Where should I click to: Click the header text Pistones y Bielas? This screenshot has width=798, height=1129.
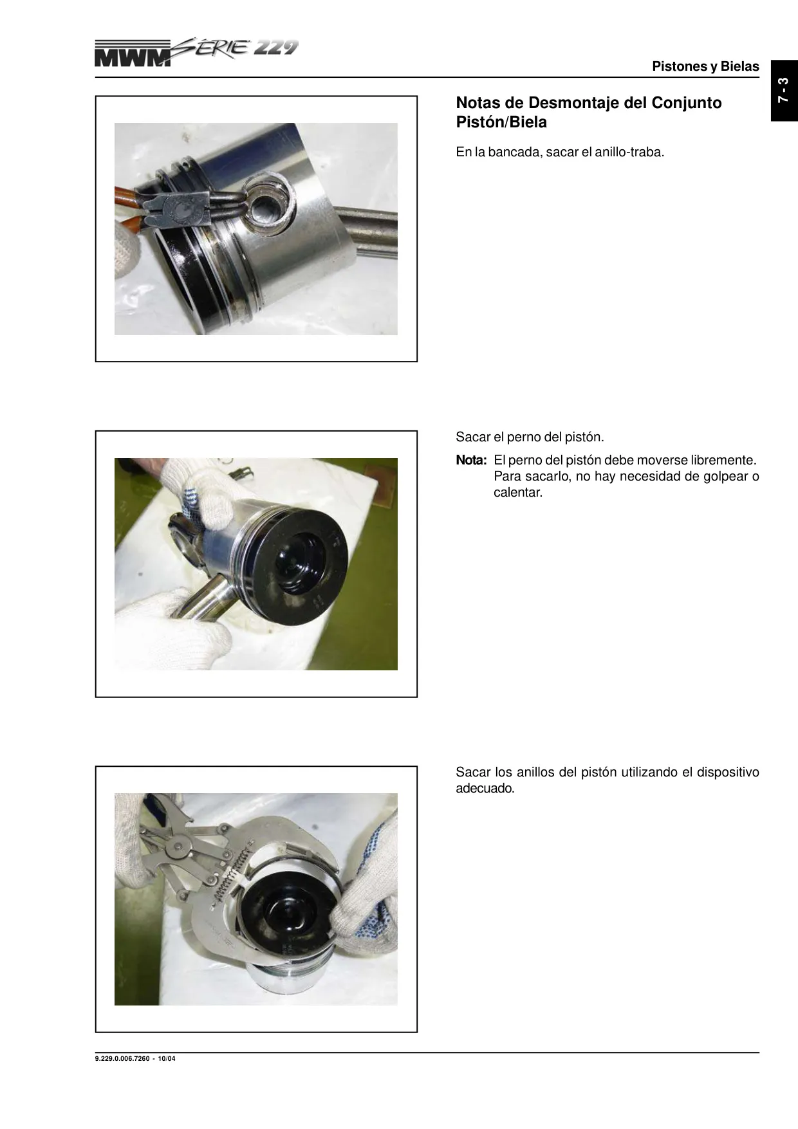705,66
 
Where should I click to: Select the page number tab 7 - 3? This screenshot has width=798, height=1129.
784,90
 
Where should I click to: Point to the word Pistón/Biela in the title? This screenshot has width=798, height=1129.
501,122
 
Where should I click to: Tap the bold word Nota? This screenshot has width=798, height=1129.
471,461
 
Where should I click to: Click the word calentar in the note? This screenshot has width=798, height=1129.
518,493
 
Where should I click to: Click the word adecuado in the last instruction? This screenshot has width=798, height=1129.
485,789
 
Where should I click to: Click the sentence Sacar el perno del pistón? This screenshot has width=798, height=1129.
530,437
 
